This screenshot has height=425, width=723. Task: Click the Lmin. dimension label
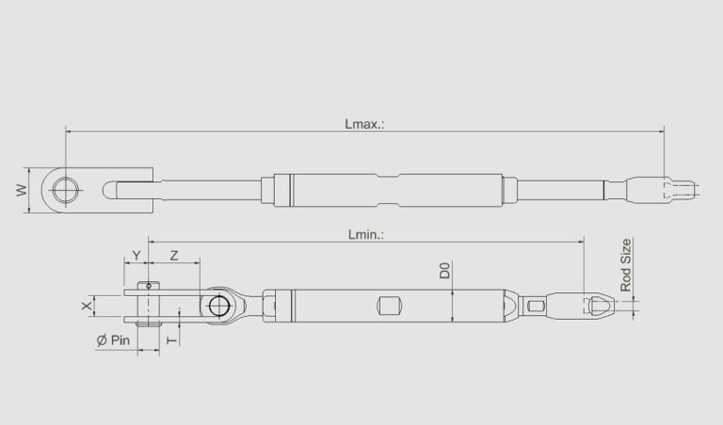coord(366,234)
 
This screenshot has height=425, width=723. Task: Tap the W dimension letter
coord(20,191)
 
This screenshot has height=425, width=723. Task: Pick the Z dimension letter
coord(174,256)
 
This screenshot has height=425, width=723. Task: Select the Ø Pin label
coord(112,340)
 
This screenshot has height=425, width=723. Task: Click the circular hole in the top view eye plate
coord(66,190)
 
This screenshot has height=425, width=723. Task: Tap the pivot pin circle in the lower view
coord(219,306)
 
